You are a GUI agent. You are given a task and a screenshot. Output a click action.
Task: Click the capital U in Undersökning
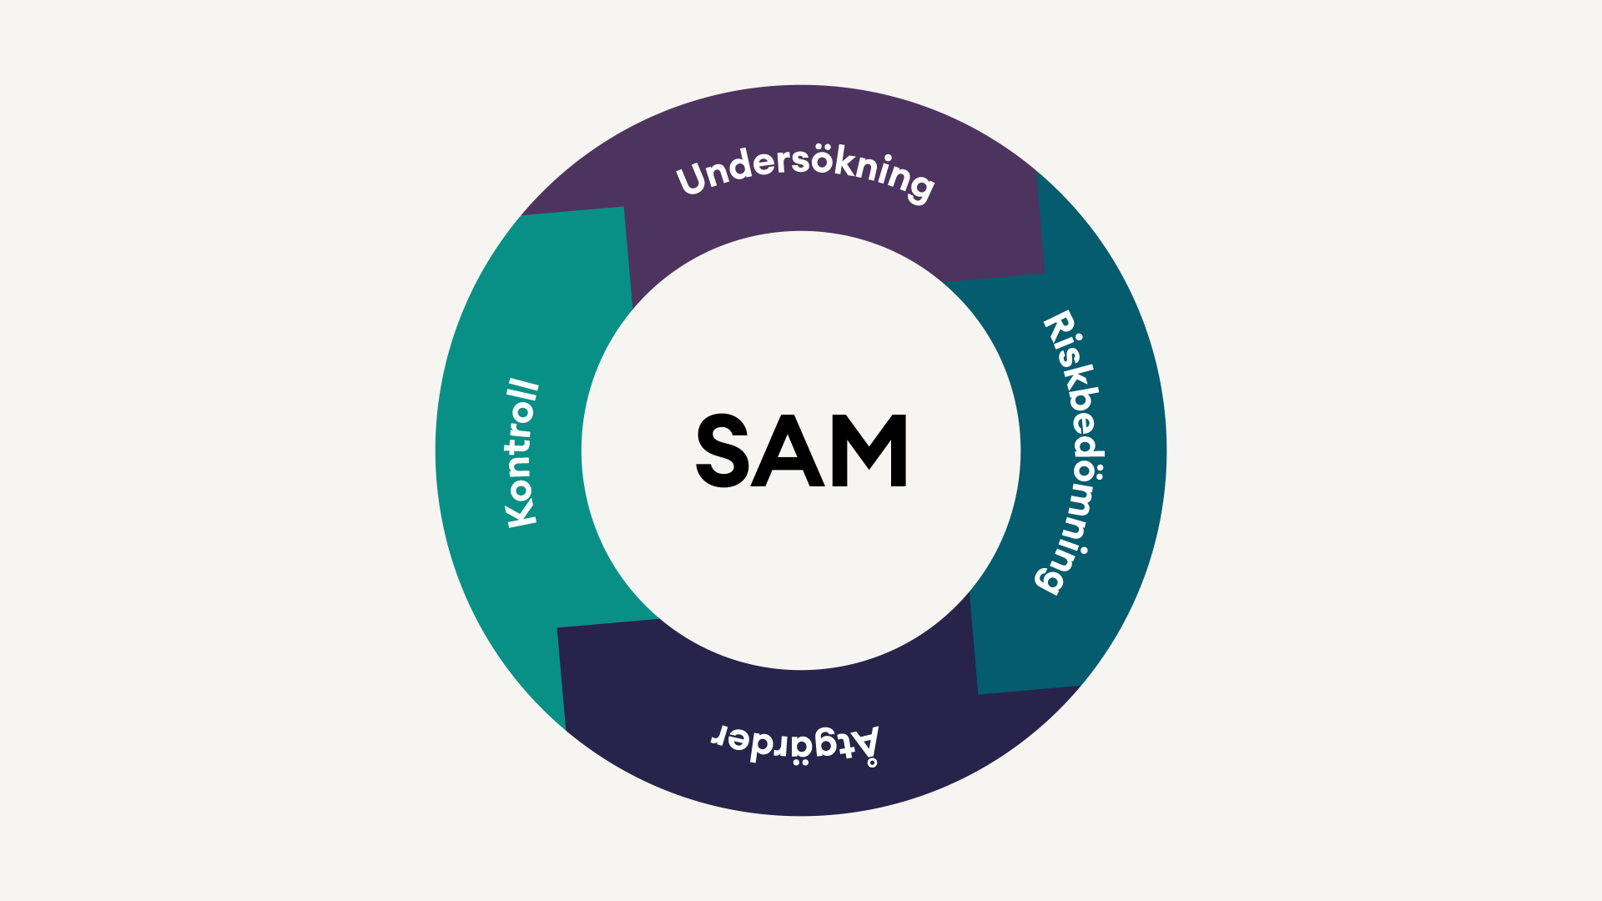693,179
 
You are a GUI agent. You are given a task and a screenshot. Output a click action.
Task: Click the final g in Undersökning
919,187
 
